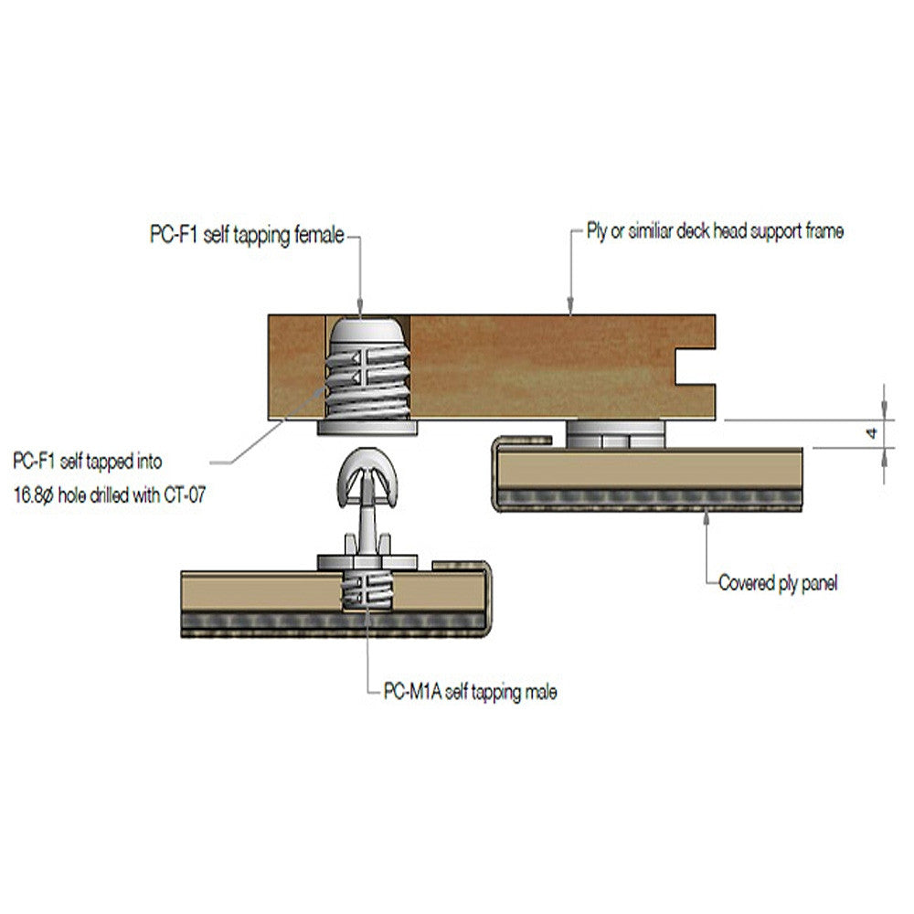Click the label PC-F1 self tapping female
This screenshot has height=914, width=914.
point(247,236)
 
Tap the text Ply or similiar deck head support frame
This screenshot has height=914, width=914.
point(714,232)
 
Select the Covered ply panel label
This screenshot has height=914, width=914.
point(777,583)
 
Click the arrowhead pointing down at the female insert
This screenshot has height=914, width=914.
point(361,308)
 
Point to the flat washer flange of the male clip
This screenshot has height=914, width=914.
point(367,560)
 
